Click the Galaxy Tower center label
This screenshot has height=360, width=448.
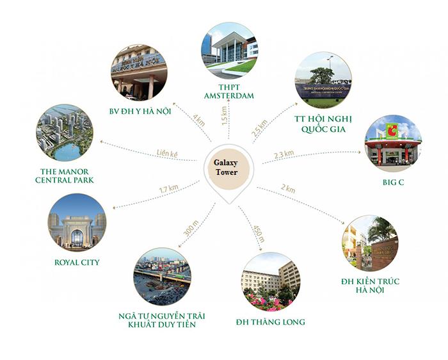coord(226,167)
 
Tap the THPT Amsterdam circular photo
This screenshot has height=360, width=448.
coord(229,51)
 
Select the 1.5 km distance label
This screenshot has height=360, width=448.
coord(224,115)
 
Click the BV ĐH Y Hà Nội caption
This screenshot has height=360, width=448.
coord(140,111)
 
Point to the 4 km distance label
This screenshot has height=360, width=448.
coord(199,120)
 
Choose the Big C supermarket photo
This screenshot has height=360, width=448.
coord(393,143)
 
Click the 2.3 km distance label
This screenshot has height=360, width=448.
coord(284,154)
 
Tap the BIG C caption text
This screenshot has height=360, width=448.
coord(394,182)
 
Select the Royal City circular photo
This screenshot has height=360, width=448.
coord(77,222)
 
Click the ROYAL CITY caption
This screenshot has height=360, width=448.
coord(77,262)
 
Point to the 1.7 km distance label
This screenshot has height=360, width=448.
coord(168,189)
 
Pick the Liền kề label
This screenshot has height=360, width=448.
coord(168,153)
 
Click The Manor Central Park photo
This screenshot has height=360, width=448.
coord(65,133)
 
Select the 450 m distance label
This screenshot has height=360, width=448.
coord(259,234)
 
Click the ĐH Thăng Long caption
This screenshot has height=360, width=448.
coord(270,322)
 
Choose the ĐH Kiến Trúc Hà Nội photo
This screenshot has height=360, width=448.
coord(370,243)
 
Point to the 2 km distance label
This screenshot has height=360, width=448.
coord(288,189)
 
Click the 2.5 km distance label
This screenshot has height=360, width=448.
coord(259,127)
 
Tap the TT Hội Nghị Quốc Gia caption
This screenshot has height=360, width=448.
coord(323,124)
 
